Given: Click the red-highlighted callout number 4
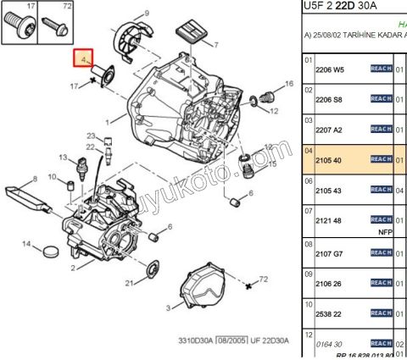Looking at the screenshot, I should click(x=83, y=60).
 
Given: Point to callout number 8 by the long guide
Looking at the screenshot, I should click(x=35, y=179).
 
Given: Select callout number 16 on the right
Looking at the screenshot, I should click(x=288, y=84).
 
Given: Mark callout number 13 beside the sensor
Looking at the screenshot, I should click(x=62, y=158).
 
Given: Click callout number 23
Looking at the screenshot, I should click(x=92, y=136).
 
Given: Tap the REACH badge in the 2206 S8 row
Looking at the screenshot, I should click(x=381, y=99).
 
